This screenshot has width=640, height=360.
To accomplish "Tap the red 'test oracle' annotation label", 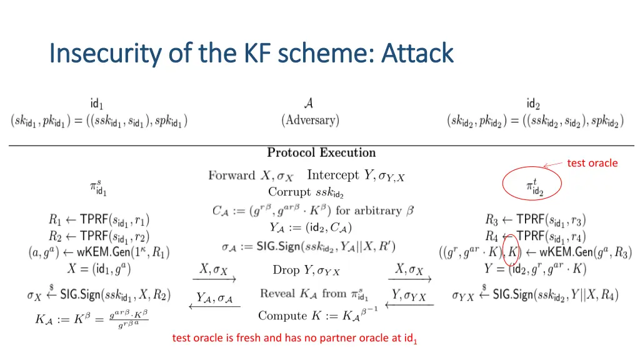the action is coord(592,163).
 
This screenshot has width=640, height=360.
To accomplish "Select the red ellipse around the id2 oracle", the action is coord(532,184).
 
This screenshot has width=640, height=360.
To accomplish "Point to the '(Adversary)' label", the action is coord(310,120).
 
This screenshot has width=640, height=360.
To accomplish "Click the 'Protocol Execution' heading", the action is coord(321,152).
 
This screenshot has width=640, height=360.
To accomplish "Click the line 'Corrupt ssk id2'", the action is coord(306,192).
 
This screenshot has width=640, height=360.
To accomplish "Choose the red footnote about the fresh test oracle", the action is coord(294,339).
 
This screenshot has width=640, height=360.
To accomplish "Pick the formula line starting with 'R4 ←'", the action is coord(536,237).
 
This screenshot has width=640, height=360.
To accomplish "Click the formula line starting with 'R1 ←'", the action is coord(99,220).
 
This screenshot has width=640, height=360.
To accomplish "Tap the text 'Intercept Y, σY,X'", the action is coord(356,176).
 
